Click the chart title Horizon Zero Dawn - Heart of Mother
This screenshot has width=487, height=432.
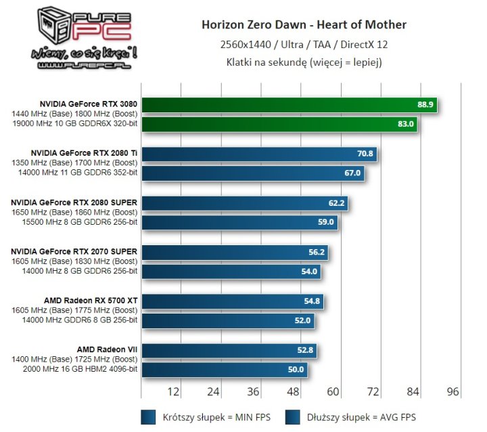click(304, 25)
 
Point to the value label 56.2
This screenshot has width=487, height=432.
click(317, 252)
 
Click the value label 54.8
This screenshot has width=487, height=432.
click(312, 301)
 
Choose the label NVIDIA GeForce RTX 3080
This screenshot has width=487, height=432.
click(89, 104)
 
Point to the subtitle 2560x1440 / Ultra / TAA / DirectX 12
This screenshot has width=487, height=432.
click(304, 45)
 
